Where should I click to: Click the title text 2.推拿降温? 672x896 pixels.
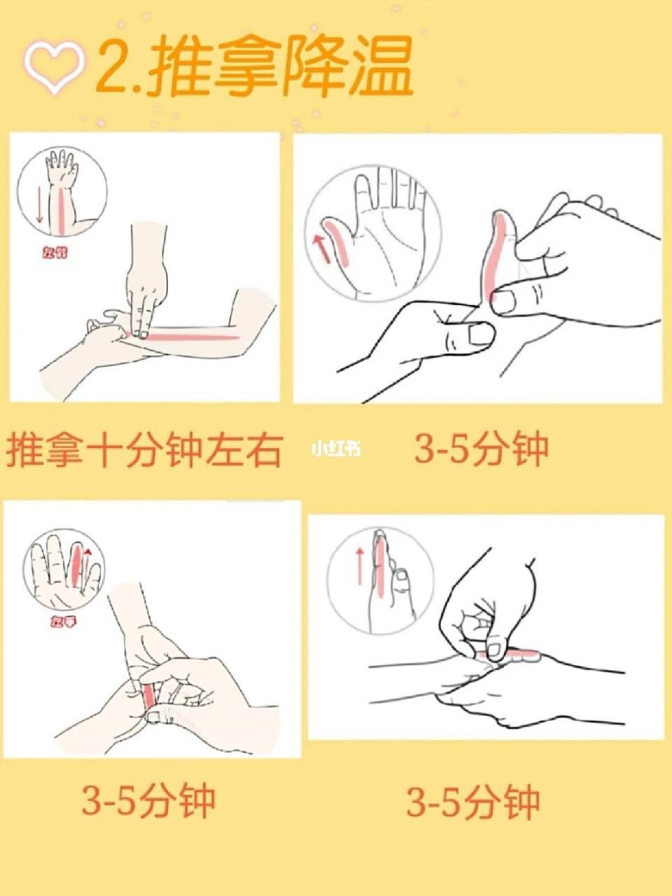point(255,66)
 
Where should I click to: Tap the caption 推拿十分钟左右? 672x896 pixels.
point(144,449)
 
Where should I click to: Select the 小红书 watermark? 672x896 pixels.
point(337,449)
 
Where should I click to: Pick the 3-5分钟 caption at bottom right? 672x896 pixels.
point(474,801)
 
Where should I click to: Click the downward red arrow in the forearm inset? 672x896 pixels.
point(40,204)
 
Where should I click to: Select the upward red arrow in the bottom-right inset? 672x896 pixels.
point(360,566)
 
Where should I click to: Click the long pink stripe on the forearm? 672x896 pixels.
point(197,337)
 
